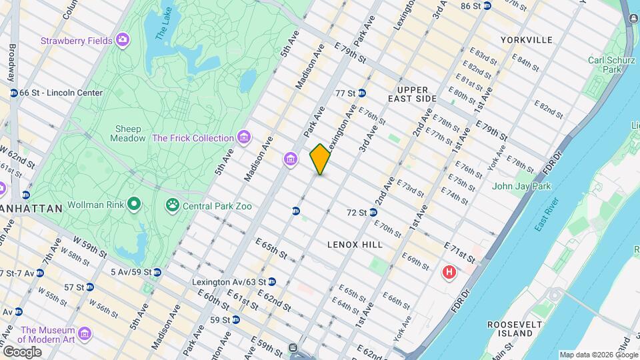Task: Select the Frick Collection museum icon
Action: [245, 138]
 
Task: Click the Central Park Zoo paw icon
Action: [173, 205]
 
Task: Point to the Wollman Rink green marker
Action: [134, 204]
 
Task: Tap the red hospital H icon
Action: [450, 273]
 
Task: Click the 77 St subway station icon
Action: [362, 93]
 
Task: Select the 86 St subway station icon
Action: [487, 6]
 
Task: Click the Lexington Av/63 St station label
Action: [229, 282]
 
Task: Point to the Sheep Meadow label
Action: [129, 133]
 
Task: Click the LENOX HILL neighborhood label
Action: [355, 245]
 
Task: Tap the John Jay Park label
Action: [521, 186]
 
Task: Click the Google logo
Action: [21, 351]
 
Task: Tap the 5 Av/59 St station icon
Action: [157, 272]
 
